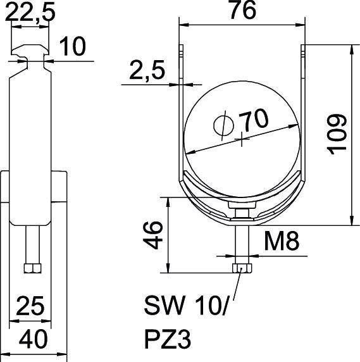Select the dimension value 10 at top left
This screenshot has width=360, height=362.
(x=73, y=46)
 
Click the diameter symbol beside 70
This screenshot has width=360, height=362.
(x=223, y=125)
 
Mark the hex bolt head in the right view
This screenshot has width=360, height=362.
(x=242, y=268)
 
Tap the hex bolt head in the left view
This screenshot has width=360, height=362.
(x=32, y=268)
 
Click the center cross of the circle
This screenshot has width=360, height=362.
(x=242, y=139)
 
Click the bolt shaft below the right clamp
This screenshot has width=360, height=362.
(x=242, y=244)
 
